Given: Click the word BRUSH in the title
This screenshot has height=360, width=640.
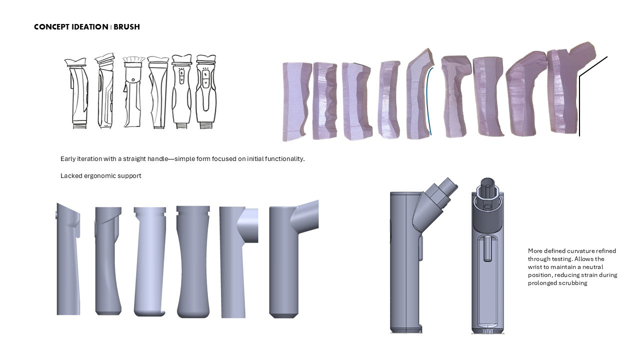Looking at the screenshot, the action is (x=126, y=27).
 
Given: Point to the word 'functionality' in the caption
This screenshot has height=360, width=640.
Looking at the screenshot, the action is (x=284, y=158).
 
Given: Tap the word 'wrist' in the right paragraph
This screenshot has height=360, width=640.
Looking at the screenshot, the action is (x=534, y=267).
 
